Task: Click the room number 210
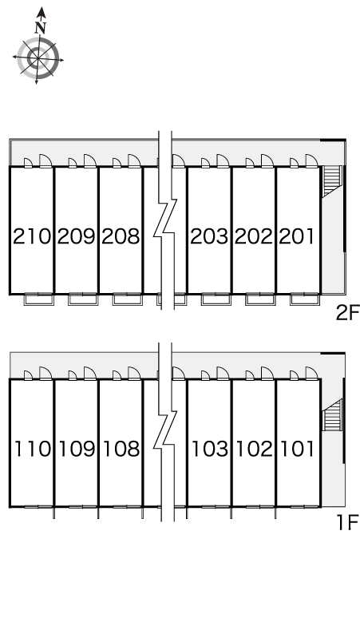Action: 32,236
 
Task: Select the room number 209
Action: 77,236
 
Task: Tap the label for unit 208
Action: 121,236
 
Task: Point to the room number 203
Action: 209,236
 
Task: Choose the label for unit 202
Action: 254,236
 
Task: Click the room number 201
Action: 297,236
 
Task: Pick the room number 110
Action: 33,449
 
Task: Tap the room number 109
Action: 77,449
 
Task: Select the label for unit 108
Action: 121,449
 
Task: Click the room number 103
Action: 210,449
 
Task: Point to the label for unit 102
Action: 255,449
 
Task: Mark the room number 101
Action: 298,449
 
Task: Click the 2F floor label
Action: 347,313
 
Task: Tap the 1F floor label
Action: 347,523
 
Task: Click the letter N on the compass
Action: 41,28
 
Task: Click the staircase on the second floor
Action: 331,180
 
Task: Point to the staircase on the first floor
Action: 332,415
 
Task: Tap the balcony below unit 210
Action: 38,299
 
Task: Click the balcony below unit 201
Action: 304,299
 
